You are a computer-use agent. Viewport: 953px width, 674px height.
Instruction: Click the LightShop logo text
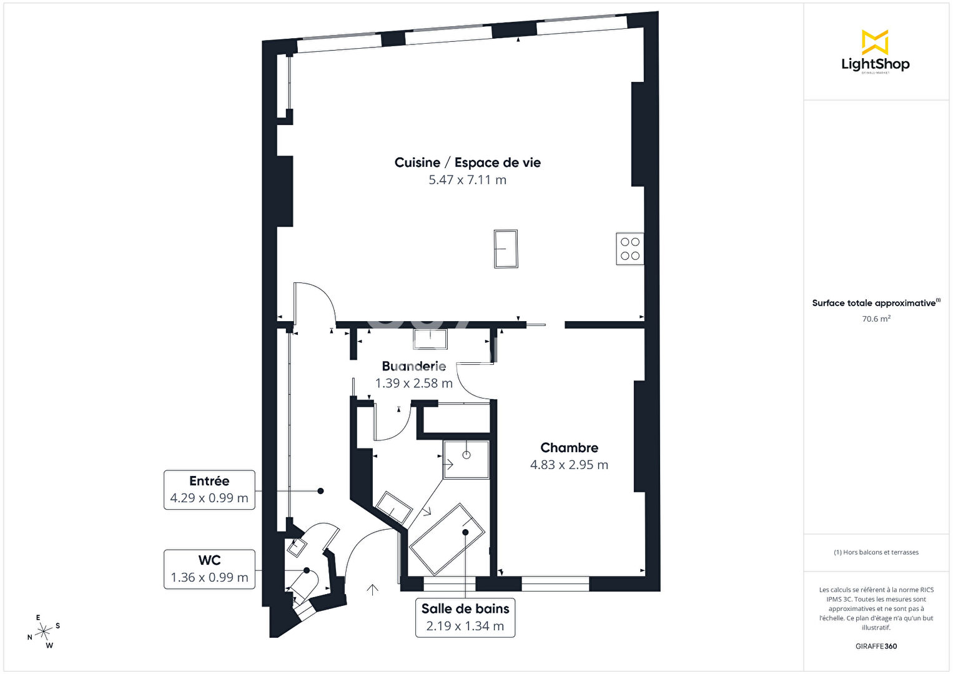(x=876, y=64)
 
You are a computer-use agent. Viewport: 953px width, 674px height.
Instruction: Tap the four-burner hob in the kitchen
(x=630, y=249)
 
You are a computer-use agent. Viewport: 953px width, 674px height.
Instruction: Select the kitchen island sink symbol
(x=506, y=249)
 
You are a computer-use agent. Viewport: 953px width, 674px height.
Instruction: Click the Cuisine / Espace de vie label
(x=468, y=162)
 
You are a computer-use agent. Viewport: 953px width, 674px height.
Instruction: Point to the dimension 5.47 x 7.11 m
(x=468, y=180)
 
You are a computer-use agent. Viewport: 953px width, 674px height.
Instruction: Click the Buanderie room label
(x=414, y=366)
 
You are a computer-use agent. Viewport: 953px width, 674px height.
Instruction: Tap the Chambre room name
(x=570, y=448)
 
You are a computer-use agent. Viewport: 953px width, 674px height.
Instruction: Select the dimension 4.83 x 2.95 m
(x=570, y=465)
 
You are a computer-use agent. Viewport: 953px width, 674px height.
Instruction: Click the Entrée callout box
(x=209, y=490)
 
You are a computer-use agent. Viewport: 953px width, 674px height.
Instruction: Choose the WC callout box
(x=209, y=569)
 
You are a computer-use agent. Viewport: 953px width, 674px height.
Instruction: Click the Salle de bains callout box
(x=465, y=617)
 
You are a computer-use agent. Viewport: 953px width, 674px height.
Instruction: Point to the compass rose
(x=44, y=632)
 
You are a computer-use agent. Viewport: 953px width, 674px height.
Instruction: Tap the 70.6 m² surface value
(x=876, y=319)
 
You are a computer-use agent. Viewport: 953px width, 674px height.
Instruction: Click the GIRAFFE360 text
(x=876, y=646)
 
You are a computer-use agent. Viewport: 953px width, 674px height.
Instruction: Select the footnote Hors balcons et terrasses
(x=876, y=552)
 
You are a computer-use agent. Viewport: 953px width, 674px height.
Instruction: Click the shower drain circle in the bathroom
(x=467, y=455)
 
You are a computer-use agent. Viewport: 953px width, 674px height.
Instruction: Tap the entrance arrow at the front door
(x=373, y=589)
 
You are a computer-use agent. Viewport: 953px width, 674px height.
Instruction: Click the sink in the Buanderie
(x=430, y=339)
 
